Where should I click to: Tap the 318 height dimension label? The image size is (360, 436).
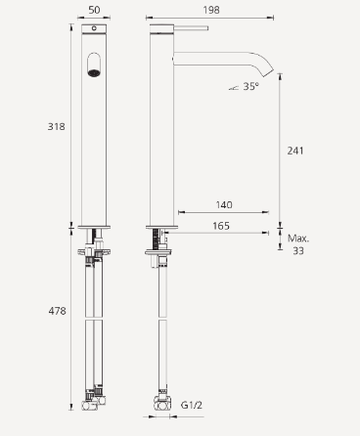[x=58, y=126]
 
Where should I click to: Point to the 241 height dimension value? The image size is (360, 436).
[x=296, y=151]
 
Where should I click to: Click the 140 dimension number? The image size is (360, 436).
[x=224, y=205]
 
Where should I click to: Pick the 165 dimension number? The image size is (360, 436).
[x=224, y=227]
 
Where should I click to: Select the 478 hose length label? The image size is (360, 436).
[x=58, y=311]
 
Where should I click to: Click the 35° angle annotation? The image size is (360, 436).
[x=249, y=86]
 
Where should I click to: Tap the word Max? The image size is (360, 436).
[x=298, y=238]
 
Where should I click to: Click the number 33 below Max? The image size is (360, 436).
[x=298, y=250]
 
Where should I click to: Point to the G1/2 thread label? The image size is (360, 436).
[x=190, y=403]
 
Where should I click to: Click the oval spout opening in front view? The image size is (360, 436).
[x=94, y=67]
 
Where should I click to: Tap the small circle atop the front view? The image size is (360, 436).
[x=94, y=31]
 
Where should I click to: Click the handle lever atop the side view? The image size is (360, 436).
[x=189, y=30]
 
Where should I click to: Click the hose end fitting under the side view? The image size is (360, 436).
[x=158, y=399]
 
